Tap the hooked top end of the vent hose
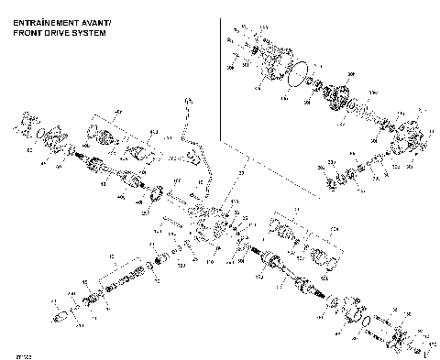(x=187, y=100)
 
